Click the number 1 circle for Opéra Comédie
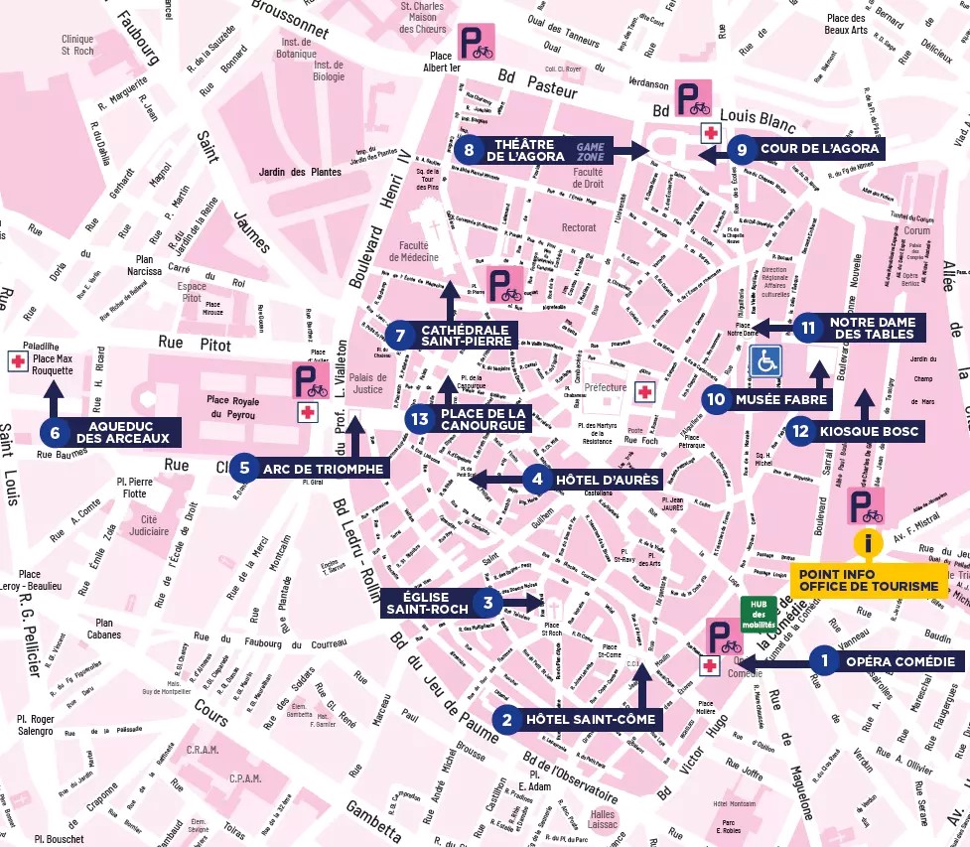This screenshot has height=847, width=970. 823,661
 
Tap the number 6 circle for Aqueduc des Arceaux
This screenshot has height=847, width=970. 54,431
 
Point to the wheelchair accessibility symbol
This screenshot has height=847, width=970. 764,361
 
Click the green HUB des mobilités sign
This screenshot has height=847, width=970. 760,612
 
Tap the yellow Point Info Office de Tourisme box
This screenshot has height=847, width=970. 869,580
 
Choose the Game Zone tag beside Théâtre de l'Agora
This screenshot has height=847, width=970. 591,150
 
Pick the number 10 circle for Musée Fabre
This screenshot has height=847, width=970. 717,400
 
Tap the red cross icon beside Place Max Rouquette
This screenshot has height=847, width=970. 17,361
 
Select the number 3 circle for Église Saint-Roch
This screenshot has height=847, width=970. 487,602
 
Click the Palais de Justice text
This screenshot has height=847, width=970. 367,382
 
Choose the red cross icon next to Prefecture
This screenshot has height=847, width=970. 644,392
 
